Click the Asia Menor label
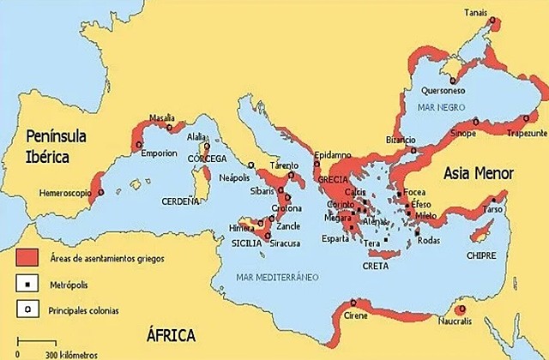(478, 173)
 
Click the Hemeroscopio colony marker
(100, 193)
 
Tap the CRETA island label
(376, 267)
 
